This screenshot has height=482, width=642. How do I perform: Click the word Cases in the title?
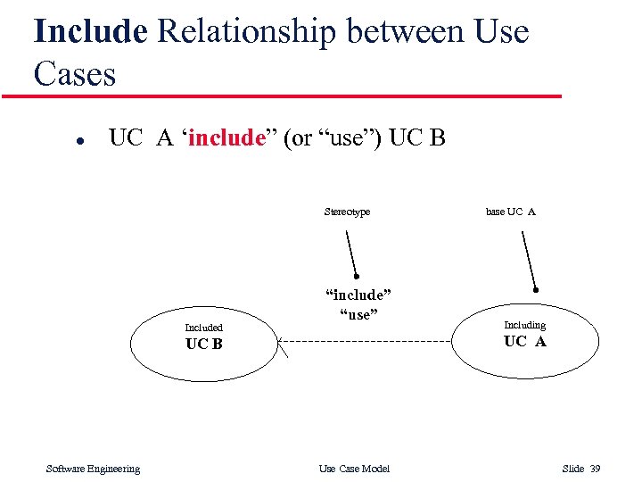pyautogui.click(x=75, y=73)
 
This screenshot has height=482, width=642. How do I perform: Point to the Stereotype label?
pyautogui.click(x=347, y=212)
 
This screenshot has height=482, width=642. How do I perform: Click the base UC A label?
pyautogui.click(x=510, y=212)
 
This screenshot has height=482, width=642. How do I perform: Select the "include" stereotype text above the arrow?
pyautogui.click(x=358, y=295)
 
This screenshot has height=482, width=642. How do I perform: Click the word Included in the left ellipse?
pyautogui.click(x=203, y=328)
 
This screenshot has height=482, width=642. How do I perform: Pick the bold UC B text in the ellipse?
pyautogui.click(x=203, y=344)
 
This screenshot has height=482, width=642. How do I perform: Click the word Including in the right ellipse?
pyautogui.click(x=524, y=325)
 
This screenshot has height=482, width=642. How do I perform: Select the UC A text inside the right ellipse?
pyautogui.click(x=524, y=341)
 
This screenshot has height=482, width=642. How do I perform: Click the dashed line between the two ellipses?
pyautogui.click(x=374, y=341)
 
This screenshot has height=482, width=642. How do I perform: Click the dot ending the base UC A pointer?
pyautogui.click(x=536, y=289)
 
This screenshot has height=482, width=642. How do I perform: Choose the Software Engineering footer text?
pyautogui.click(x=93, y=469)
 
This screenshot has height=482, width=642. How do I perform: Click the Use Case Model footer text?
pyautogui.click(x=354, y=469)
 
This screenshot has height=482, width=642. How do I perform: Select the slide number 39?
pyautogui.click(x=596, y=469)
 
